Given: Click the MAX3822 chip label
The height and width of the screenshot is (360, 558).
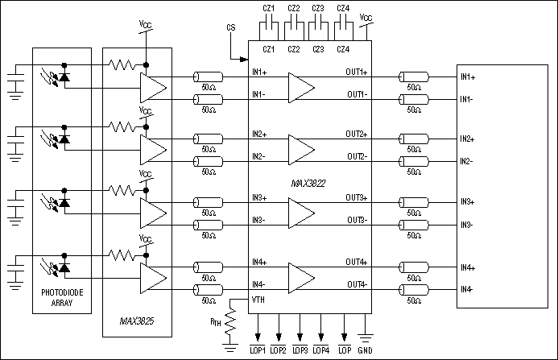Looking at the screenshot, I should pyautogui.click(x=308, y=184).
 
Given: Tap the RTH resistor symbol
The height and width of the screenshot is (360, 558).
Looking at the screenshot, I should pyautogui.click(x=231, y=324).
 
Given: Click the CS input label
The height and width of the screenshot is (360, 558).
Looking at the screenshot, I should pyautogui.click(x=232, y=29).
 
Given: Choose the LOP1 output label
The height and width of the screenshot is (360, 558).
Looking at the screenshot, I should pyautogui.click(x=258, y=350).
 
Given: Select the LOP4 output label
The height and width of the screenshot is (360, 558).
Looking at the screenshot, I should pyautogui.click(x=320, y=350).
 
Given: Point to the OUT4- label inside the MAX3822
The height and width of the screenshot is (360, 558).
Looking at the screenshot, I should pyautogui.click(x=358, y=283).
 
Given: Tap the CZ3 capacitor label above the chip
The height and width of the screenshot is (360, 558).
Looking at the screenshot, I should pyautogui.click(x=318, y=9).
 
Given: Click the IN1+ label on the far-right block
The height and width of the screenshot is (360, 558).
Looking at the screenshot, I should pyautogui.click(x=468, y=77).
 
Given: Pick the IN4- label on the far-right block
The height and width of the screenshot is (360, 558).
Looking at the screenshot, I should pyautogui.click(x=467, y=289).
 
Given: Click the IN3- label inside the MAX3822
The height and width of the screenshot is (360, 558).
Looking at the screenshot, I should pyautogui.click(x=259, y=220).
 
